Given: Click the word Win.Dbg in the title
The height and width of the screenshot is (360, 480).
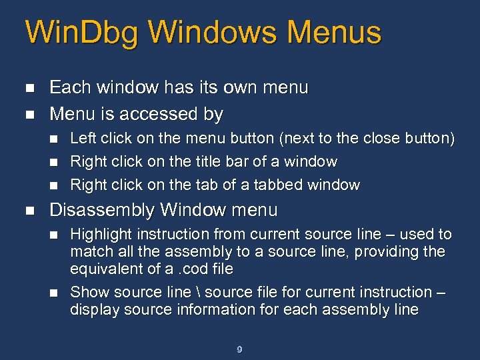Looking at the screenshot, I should (x=80, y=32).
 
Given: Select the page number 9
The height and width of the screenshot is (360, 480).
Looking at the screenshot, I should (x=240, y=349).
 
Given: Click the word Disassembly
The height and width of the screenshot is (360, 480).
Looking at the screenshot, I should (x=103, y=211).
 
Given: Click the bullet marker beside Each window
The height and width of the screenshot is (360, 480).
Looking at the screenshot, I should (x=27, y=88).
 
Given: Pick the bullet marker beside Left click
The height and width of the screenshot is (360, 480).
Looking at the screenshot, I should (x=55, y=139).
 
